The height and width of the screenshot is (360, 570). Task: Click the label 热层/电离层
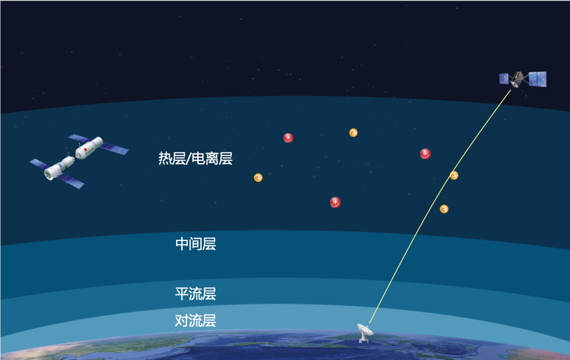[x=195, y=159]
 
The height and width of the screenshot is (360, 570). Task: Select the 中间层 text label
[x=196, y=244]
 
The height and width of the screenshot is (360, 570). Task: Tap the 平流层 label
[x=196, y=294]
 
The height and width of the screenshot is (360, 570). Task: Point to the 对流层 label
[x=196, y=320]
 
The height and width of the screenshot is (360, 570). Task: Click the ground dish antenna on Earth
[x=365, y=331]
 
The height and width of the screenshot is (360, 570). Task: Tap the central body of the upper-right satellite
[x=517, y=80]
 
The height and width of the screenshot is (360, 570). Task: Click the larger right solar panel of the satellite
[x=538, y=79]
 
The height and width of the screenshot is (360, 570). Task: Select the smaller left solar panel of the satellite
[x=503, y=79]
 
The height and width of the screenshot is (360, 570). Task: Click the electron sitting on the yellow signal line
[x=454, y=175]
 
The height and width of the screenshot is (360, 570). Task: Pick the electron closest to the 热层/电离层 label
[x=258, y=177]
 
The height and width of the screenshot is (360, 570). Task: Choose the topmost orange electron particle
[x=354, y=133]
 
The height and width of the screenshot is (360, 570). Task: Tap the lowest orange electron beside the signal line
[x=444, y=209]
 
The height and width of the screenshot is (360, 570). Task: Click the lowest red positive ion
[x=335, y=202]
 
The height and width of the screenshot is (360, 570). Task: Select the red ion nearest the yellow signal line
[x=425, y=154]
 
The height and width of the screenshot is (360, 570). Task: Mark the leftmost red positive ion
[x=289, y=138]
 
